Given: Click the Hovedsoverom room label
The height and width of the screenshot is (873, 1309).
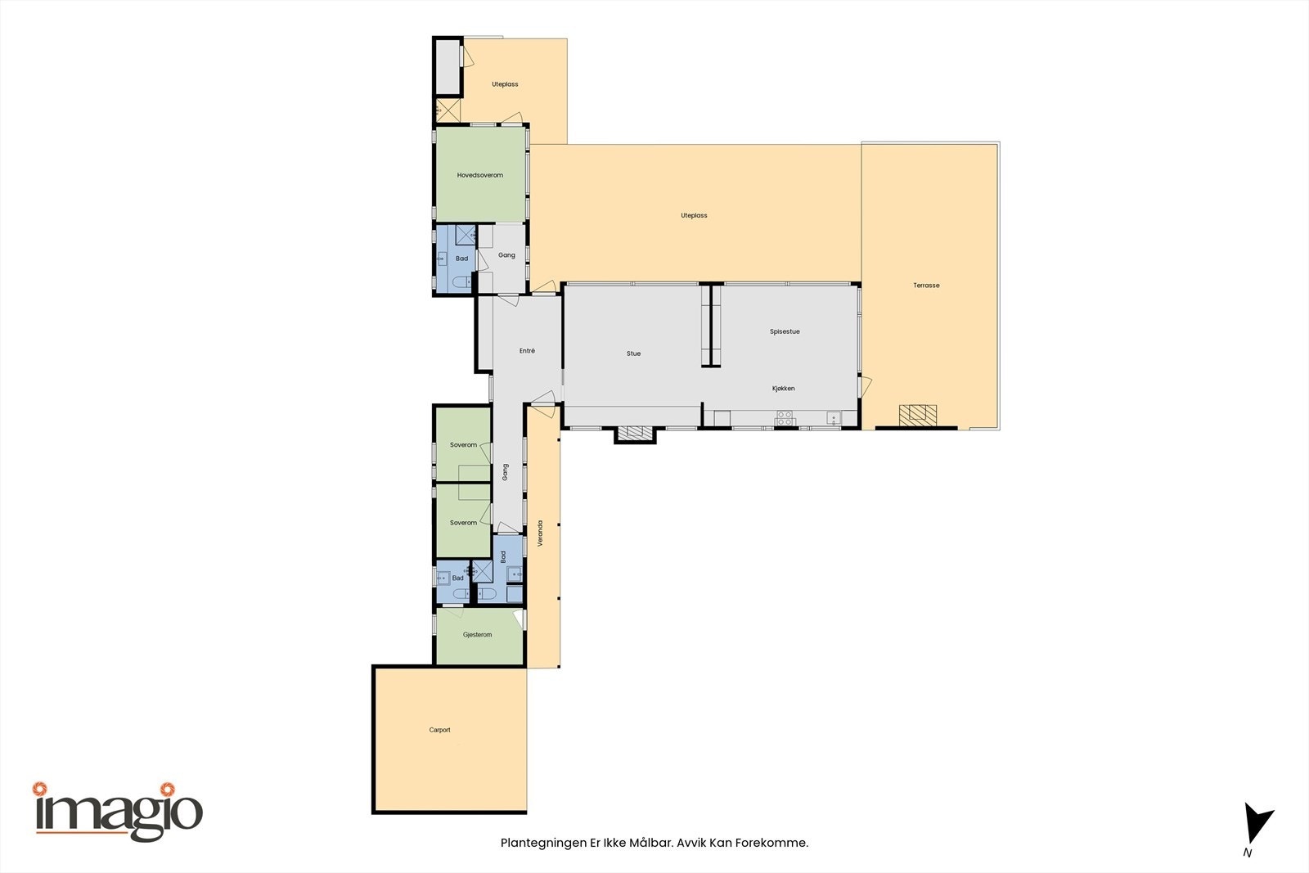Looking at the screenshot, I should coord(480,175).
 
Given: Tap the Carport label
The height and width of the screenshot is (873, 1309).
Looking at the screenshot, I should coord(439,730).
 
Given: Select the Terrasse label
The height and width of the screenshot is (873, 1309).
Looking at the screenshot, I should coord(926,286).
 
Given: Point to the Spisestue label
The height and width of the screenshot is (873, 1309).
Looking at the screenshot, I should coord(785,331).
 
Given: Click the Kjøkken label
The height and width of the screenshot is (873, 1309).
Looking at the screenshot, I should coord(783,389).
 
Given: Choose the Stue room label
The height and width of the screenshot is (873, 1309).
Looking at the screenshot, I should coord(633,353).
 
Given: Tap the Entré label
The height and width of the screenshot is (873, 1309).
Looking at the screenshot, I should coord(527,351).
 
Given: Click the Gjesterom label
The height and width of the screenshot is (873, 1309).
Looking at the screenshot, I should coord(477,635).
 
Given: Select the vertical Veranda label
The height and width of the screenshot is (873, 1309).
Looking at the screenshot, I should coord(541,533).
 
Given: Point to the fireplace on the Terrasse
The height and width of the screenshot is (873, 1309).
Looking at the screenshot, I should coord(918,415).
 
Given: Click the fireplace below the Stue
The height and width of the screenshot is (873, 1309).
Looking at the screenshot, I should coord(635,434).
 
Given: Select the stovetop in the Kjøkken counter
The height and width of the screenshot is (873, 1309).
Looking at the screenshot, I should coord(785,418).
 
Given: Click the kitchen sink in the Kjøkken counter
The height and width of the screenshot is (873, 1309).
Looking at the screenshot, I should coord(833,419).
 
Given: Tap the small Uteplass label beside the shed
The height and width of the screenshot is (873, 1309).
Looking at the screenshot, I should coord(505,84).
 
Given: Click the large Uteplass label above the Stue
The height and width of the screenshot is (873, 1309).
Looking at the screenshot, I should coord(694,216).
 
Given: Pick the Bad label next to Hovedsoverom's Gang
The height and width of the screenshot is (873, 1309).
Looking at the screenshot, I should coord(461,259).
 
